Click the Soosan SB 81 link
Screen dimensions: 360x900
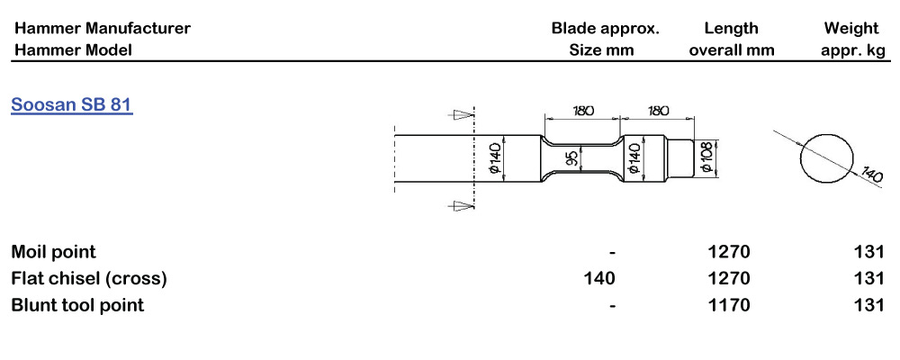pos(72,104)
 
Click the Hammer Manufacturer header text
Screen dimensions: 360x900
pos(102,28)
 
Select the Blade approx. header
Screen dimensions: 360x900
pos(605,28)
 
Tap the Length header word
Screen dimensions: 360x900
pos(731,28)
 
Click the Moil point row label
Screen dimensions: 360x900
pos(53,251)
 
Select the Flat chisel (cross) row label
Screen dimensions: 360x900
pos(89,278)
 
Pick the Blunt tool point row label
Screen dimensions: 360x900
pos(77,305)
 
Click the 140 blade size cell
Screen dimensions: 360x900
pos(600,278)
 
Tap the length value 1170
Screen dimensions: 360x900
pos(729,305)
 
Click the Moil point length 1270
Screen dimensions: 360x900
pos(729,251)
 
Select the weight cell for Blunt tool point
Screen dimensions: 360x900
pos(869,305)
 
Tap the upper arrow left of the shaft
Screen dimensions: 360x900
pos(462,114)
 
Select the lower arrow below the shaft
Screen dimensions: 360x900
pos(462,206)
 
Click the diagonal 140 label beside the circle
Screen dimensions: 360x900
pos(871,172)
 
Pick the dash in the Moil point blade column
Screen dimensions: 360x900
pos(612,251)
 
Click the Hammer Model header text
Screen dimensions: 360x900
pos(73,50)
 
